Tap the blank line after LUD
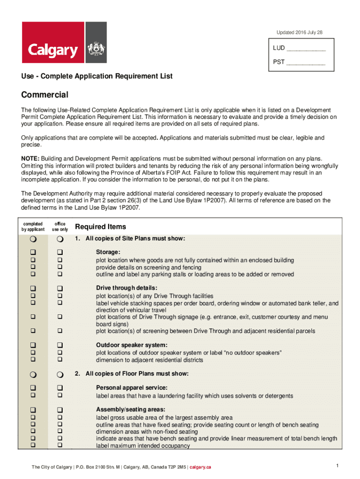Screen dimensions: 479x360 (x=306, y=49)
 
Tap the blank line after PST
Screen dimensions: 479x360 (x=305, y=62)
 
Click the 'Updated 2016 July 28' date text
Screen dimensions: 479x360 (x=299, y=32)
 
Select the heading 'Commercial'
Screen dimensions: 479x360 (x=45, y=95)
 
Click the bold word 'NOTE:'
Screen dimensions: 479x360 (x=30, y=159)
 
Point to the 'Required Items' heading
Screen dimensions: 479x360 (x=101, y=227)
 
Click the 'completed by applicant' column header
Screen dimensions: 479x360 (x=33, y=227)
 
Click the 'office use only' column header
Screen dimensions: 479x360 (x=60, y=227)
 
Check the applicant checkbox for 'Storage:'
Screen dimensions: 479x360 (x=33, y=252)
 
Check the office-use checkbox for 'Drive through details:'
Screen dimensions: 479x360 (x=60, y=288)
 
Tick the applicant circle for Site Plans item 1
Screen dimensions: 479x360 (x=33, y=239)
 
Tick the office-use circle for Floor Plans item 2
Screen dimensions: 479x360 (x=60, y=374)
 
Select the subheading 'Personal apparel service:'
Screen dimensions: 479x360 (x=131, y=388)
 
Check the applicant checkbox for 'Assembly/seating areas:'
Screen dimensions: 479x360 (x=33, y=409)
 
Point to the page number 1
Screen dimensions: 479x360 (x=337, y=465)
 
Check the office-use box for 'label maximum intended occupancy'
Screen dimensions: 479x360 (x=60, y=446)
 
